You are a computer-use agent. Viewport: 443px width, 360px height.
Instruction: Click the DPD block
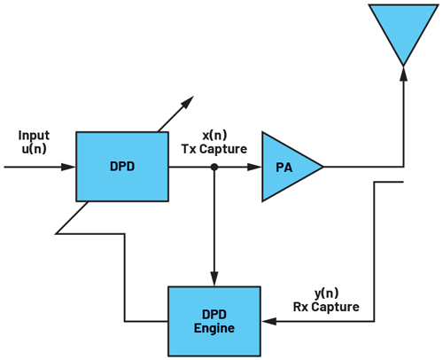click(122, 165)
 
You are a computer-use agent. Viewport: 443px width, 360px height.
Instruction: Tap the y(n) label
click(325, 293)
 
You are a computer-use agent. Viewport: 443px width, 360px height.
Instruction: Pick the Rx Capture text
click(326, 307)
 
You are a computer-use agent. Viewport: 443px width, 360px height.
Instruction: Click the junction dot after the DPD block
click(214, 165)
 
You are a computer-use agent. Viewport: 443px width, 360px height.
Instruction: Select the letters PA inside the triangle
click(282, 166)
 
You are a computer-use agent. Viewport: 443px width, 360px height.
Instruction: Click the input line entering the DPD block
click(40, 165)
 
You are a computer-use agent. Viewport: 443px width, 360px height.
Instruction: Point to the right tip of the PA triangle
click(322, 165)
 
